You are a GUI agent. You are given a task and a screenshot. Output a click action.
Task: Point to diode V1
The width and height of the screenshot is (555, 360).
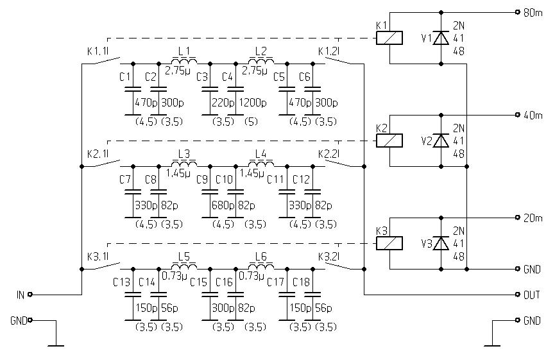(x=440, y=39)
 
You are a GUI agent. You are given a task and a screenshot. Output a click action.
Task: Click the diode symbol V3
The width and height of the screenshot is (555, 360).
(x=440, y=243)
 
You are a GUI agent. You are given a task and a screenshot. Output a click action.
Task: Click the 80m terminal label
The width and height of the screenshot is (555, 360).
(x=533, y=12)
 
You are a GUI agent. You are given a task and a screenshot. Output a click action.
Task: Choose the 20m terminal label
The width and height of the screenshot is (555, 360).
(x=533, y=218)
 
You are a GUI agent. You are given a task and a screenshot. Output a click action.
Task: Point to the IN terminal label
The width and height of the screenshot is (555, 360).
(x=20, y=295)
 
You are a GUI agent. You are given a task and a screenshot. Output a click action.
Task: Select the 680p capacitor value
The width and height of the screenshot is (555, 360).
(x=222, y=205)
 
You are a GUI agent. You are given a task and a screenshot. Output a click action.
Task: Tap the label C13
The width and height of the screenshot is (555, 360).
(x=121, y=282)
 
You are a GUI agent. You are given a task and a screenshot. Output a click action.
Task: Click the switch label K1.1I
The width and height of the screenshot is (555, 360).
(x=98, y=51)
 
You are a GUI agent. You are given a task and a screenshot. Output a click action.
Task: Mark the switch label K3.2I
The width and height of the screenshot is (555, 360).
(x=329, y=256)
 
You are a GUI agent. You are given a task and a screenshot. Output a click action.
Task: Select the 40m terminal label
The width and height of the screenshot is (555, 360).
(x=533, y=115)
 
